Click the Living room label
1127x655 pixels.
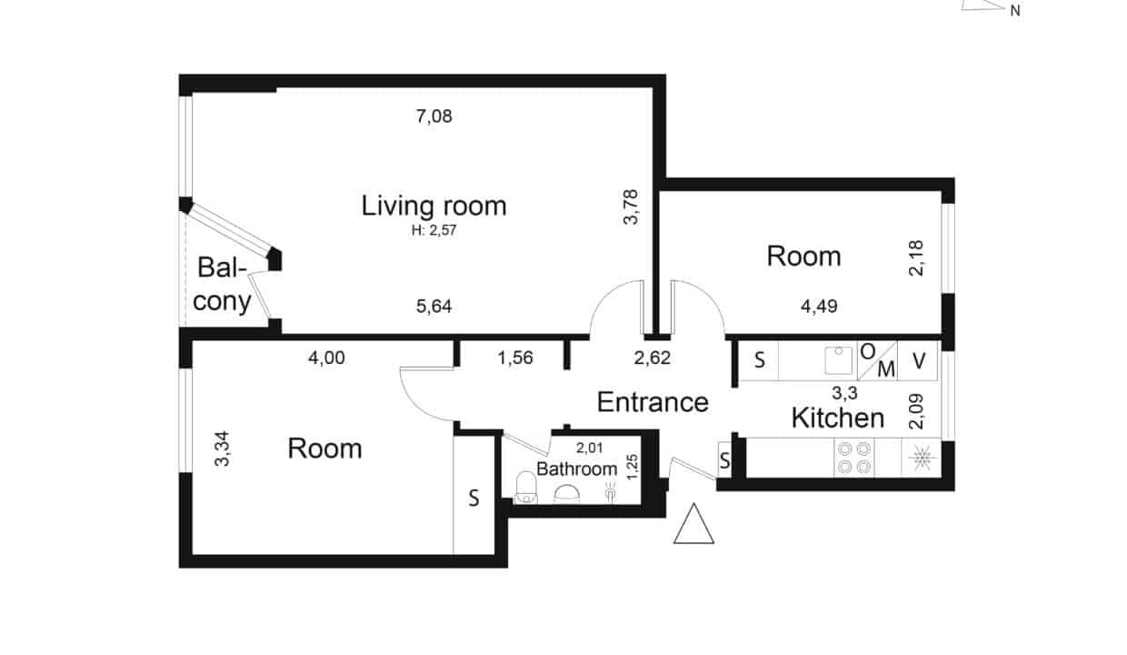(434, 206)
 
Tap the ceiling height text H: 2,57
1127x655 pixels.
(434, 230)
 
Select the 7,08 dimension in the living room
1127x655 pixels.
(434, 116)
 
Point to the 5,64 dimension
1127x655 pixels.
(434, 306)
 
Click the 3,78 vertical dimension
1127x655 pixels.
(631, 207)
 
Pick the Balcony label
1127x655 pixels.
(222, 285)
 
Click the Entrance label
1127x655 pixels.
(653, 402)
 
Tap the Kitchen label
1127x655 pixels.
(838, 418)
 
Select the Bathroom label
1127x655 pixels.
(576, 469)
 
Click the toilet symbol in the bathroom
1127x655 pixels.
(525, 488)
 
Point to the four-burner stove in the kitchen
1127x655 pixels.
(854, 458)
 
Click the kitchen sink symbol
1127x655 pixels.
(839, 360)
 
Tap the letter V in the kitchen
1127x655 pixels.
(919, 361)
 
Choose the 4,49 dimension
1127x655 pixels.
(819, 306)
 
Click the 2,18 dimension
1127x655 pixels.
(916, 257)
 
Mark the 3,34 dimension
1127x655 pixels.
(222, 448)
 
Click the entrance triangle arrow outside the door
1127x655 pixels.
(693, 524)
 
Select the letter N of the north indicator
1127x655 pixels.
(1015, 11)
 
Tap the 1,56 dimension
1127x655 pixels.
(515, 358)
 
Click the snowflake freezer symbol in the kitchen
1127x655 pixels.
(922, 458)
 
